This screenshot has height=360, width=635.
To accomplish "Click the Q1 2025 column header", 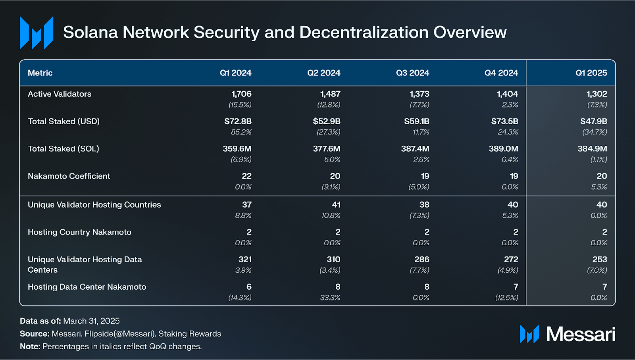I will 591,73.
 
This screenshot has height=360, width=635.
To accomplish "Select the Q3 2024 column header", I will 412,73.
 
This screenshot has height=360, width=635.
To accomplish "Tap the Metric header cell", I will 40,73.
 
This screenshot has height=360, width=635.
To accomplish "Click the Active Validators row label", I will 60,94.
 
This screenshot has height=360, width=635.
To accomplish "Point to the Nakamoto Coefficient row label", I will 69,176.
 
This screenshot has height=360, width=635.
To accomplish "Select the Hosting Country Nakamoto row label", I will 79,232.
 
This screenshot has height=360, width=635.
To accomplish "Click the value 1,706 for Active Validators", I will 241,94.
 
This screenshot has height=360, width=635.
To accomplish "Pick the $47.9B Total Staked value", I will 593,121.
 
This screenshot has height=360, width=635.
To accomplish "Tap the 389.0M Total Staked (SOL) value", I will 503,149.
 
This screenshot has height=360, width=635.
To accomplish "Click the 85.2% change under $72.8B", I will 241,132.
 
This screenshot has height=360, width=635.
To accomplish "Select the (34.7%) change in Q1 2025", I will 595,132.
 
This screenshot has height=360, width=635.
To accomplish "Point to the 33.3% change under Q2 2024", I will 330,298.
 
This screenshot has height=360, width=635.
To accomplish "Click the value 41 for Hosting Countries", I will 336,205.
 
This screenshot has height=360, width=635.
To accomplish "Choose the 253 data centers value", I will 599,260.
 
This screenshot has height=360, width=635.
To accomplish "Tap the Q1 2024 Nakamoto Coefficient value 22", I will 246,176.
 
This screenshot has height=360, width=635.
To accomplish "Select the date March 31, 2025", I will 91,321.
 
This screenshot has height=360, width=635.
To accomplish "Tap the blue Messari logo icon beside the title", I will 37,33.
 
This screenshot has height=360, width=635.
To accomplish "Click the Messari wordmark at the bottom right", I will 581,334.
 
